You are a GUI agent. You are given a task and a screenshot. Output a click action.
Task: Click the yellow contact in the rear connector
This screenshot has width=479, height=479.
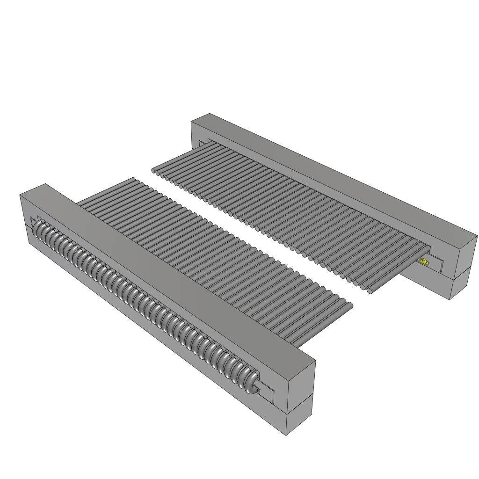[x=424, y=262]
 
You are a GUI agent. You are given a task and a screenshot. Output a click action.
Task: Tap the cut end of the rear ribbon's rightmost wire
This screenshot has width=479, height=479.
[x=370, y=291]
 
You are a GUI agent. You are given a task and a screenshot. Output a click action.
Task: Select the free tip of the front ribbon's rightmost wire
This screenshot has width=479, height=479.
[x=350, y=305]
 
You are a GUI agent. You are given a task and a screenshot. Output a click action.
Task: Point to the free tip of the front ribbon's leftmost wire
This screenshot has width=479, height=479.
[x=134, y=179]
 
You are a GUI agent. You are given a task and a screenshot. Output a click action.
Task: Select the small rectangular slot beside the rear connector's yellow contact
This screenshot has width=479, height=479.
[x=435, y=264]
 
